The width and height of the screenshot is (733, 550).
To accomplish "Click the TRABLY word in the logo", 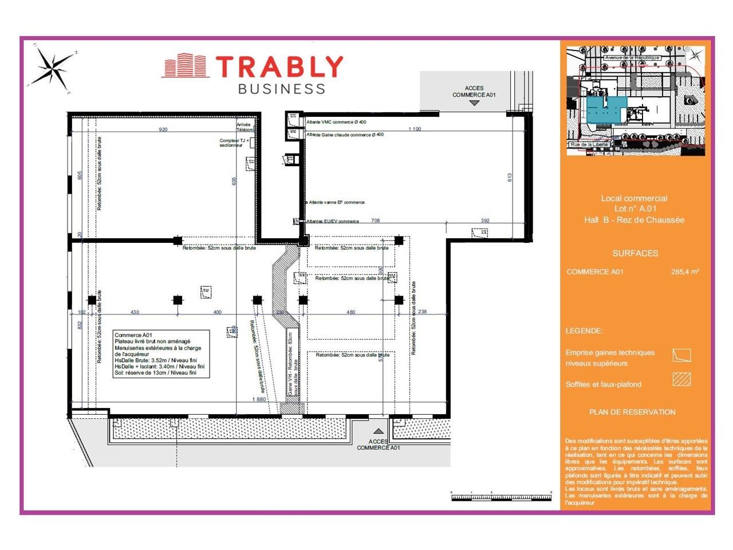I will click(x=279, y=67).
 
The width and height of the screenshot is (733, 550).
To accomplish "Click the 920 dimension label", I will click(x=163, y=129).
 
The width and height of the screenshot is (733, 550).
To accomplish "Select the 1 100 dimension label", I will click(x=415, y=129).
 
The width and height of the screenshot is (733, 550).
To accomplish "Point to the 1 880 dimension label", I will click(x=259, y=399).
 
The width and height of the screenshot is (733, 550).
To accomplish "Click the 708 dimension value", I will click(x=376, y=221).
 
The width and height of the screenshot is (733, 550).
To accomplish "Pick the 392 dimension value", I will click(x=485, y=221).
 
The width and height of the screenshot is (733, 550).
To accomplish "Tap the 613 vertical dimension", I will click(x=509, y=178).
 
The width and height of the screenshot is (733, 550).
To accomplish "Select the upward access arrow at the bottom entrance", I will click(x=378, y=431).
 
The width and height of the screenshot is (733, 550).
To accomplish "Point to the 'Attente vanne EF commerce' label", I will click(x=337, y=202).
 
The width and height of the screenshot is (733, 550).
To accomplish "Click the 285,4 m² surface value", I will click(x=685, y=272).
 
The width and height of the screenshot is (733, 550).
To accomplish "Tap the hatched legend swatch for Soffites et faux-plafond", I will click(x=681, y=379).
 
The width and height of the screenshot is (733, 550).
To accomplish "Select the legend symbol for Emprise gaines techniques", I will click(x=681, y=355).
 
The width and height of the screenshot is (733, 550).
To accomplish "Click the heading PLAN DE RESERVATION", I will click(x=632, y=412).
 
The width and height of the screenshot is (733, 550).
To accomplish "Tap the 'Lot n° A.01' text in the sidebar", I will click(x=634, y=209).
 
